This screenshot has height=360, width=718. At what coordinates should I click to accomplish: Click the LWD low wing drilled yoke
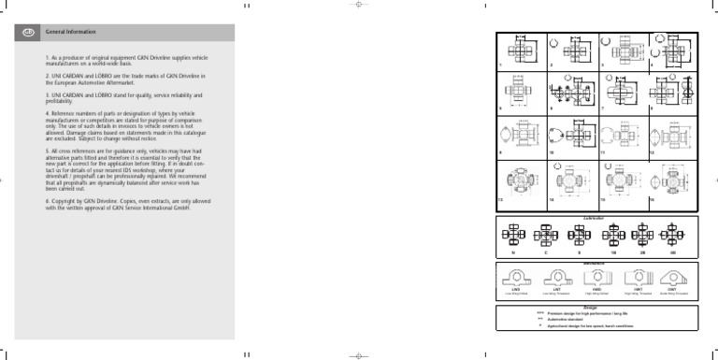click(514, 280)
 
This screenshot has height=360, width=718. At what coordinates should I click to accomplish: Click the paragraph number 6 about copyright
click(48, 200)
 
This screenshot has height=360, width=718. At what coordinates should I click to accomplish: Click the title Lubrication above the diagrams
click(595, 217)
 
